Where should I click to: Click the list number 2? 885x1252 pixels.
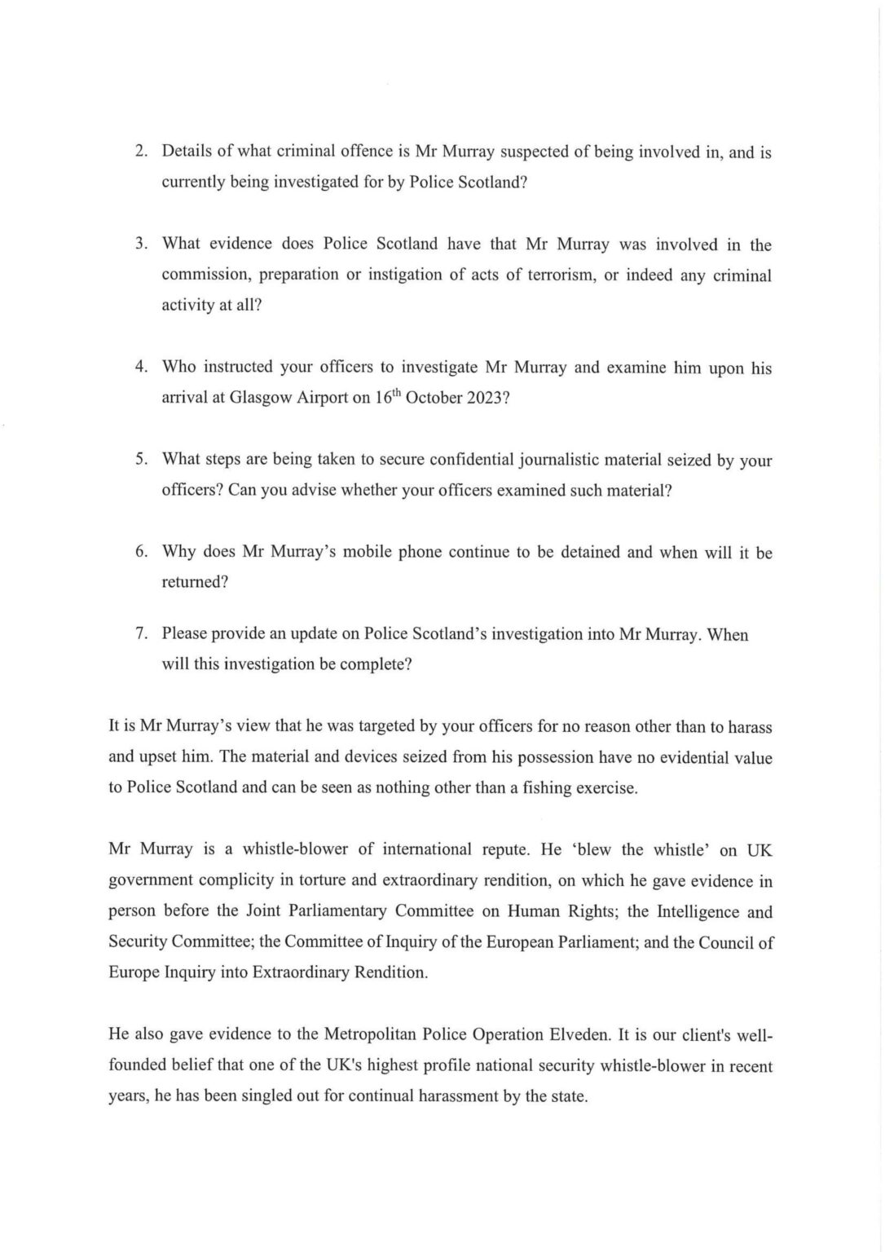(x=140, y=152)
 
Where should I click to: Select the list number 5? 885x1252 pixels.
(x=140, y=460)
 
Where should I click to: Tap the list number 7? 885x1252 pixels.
(x=140, y=634)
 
